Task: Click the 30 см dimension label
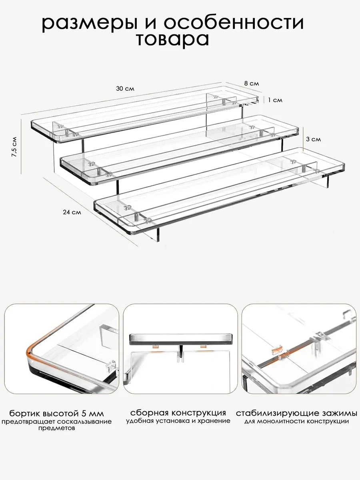click(125, 88)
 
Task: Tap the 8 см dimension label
click(252, 84)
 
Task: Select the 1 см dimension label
click(275, 100)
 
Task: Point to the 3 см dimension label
click(313, 140)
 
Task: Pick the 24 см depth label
click(72, 212)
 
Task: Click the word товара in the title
click(172, 40)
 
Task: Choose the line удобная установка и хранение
click(178, 421)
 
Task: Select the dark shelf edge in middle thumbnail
click(181, 340)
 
